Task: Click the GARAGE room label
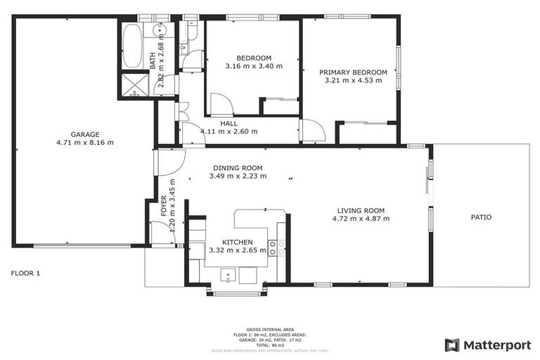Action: [x=84, y=134]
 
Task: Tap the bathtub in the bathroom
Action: [x=131, y=46]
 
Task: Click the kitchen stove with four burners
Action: [x=276, y=247]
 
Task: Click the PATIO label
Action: [x=481, y=217]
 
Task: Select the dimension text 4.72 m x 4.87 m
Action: [x=361, y=219]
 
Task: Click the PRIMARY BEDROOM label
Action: [x=353, y=72]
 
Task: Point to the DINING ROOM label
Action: [x=238, y=167]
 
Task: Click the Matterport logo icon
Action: [x=452, y=345]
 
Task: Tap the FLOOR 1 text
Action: [x=26, y=273]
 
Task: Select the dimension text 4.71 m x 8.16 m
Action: [x=84, y=142]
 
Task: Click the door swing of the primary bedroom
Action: [x=311, y=131]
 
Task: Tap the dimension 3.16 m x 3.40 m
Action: [x=254, y=66]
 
